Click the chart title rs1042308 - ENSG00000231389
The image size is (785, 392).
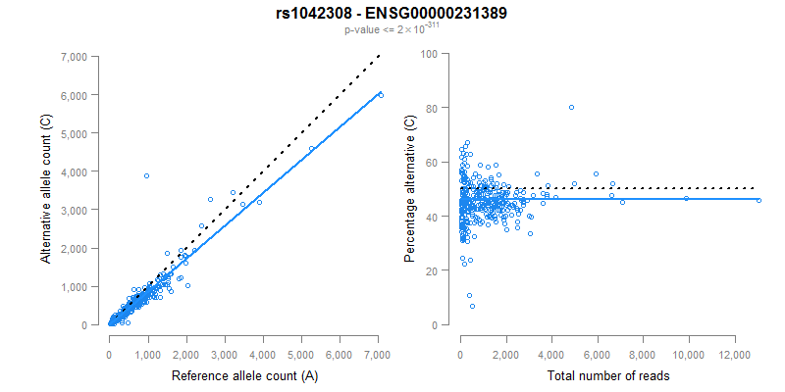(392, 14)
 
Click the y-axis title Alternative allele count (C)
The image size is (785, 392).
(45, 189)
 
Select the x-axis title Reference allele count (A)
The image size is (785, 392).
(243, 375)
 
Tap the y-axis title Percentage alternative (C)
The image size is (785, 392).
(410, 189)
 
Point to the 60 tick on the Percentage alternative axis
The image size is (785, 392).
(431, 162)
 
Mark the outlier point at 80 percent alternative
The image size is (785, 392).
(571, 107)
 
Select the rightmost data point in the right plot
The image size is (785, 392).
(759, 200)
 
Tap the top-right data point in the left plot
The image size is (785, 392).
(381, 94)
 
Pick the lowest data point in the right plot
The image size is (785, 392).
(472, 307)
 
